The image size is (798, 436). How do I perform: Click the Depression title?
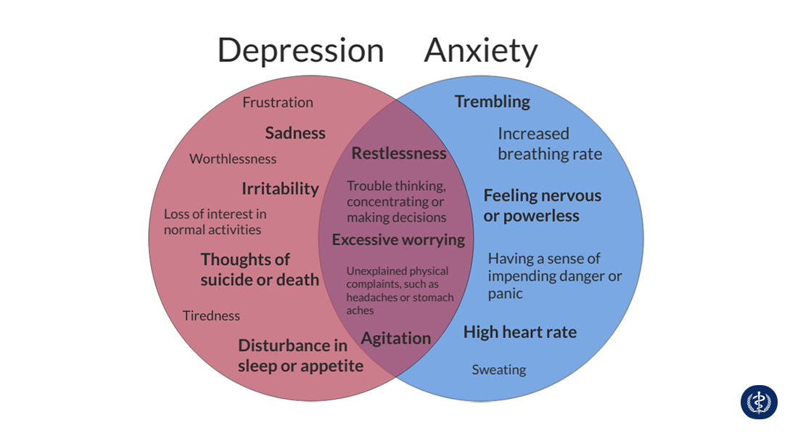click(300, 51)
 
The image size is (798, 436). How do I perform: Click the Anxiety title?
click(480, 51)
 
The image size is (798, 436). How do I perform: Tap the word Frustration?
click(278, 102)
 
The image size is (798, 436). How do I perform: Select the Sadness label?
click(295, 133)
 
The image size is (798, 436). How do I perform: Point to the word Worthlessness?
click(233, 158)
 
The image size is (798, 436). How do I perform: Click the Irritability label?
click(280, 189)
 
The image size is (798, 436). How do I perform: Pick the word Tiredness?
click(211, 315)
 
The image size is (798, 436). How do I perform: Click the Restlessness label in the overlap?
click(399, 153)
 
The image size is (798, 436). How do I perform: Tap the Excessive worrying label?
click(398, 240)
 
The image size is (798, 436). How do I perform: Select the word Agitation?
click(396, 338)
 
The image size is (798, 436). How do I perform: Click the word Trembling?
click(493, 102)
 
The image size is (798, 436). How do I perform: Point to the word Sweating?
click(499, 370)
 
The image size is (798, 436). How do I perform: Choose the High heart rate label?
click(520, 332)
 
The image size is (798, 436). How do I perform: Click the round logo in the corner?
click(759, 402)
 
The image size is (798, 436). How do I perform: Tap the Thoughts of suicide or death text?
click(260, 270)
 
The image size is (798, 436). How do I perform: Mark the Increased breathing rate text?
click(549, 144)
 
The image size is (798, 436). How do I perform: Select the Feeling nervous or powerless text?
click(542, 206)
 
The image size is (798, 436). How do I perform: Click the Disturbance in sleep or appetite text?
click(300, 355)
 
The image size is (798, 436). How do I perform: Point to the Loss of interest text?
click(215, 222)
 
